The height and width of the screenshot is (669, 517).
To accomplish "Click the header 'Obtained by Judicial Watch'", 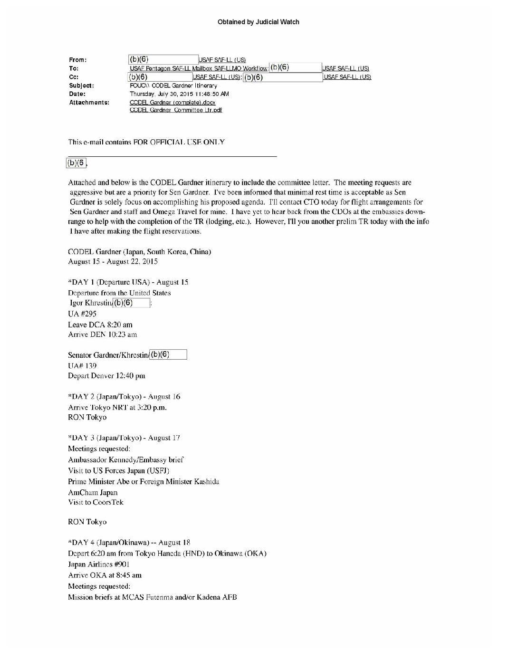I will (x=258, y=22).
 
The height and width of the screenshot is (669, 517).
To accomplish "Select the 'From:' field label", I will (x=78, y=60).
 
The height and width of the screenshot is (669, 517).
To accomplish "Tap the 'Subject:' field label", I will (x=81, y=86).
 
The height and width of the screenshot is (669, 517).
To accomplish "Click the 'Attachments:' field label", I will (x=89, y=103).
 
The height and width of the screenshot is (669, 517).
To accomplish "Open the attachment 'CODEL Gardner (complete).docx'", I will (x=172, y=103).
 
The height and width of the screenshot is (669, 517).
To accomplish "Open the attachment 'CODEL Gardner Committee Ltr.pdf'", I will (x=176, y=110).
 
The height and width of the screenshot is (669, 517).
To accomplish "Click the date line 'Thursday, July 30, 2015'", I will (x=179, y=94).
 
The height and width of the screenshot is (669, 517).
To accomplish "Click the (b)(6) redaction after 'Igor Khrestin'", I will (x=132, y=303).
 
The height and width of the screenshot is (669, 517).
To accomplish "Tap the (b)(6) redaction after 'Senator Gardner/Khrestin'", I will (x=168, y=354).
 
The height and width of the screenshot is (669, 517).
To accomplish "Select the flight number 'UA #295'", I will (x=82, y=314).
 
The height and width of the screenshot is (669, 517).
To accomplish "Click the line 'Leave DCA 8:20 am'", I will (x=100, y=325).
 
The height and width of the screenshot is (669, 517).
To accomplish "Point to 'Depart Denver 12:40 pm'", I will (x=106, y=376).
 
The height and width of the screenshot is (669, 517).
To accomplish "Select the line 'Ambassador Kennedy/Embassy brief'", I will (x=126, y=460).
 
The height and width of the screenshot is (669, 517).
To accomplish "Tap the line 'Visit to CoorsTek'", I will (x=96, y=502).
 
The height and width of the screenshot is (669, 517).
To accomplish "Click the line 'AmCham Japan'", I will (x=93, y=493).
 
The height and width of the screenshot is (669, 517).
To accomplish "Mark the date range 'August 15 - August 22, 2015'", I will (x=113, y=262).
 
